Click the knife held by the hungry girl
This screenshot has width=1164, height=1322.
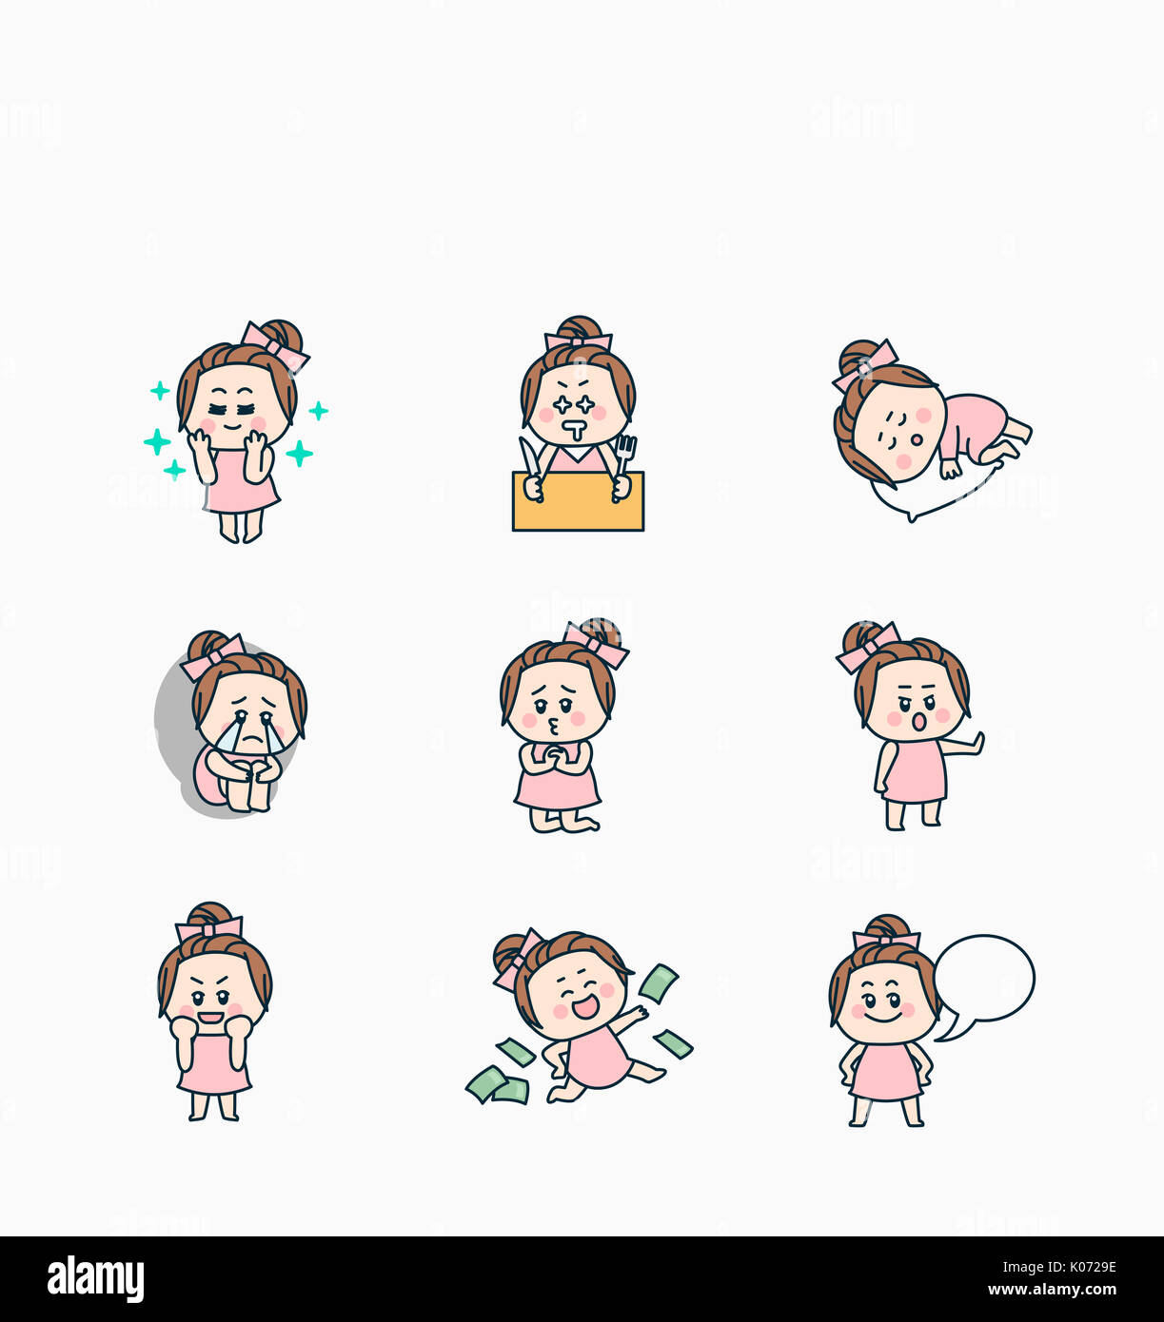(528, 457)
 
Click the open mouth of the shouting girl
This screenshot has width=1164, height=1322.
(918, 723)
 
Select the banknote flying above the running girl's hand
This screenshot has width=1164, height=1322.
(658, 982)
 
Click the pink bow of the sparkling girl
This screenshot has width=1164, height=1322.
(273, 346)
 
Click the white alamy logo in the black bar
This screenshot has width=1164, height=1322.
(95, 1279)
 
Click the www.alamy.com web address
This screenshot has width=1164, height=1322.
(1051, 1291)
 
